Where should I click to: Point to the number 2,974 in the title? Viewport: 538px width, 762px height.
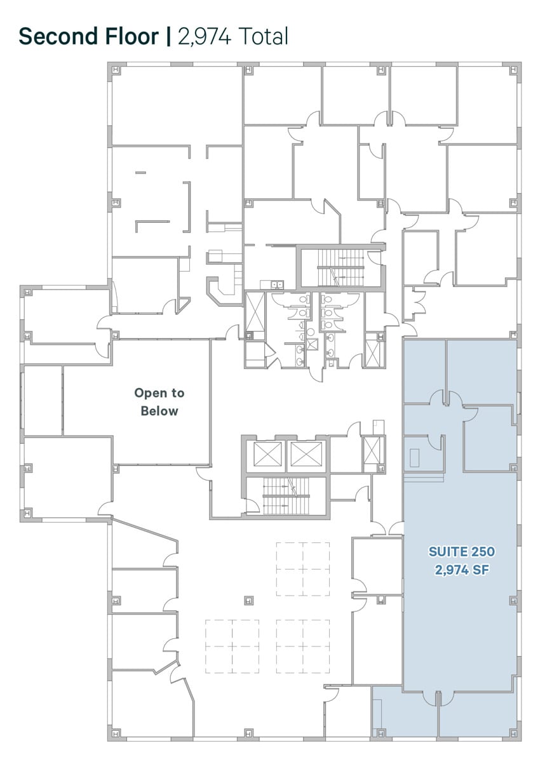[x=205, y=36]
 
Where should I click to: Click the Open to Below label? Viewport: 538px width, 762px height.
[x=159, y=402]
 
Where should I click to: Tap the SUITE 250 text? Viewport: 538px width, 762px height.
[x=461, y=551]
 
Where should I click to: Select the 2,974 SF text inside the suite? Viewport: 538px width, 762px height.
[x=461, y=570]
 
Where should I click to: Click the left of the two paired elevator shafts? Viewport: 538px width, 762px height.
[x=267, y=454]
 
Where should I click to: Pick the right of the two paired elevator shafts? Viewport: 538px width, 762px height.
[x=306, y=454]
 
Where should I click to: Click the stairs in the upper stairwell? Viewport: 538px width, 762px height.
[x=340, y=268]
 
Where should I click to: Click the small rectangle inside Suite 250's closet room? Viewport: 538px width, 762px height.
[x=415, y=458]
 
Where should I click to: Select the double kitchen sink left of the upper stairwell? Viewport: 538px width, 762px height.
[x=277, y=284]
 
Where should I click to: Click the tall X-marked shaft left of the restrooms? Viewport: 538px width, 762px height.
[x=255, y=312]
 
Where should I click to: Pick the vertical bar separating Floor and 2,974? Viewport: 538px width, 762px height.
[x=168, y=36]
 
